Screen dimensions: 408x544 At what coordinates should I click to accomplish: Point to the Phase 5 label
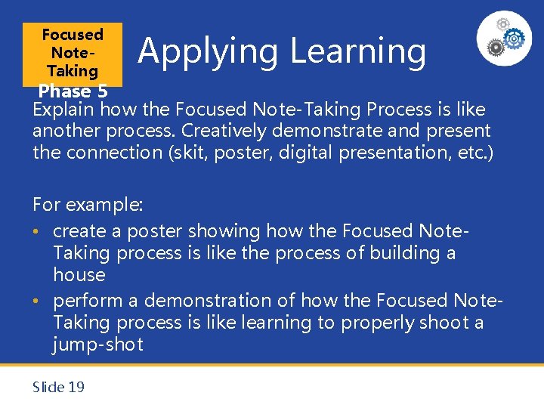pos(73,91)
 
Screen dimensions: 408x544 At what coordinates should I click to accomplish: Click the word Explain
pos(63,110)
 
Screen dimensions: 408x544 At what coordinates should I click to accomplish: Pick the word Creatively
pos(226,131)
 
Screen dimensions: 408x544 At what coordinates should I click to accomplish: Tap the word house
pos(79,274)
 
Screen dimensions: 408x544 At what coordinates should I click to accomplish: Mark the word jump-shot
pos(97,345)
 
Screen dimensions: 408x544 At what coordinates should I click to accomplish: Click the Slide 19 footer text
pos(58,387)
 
